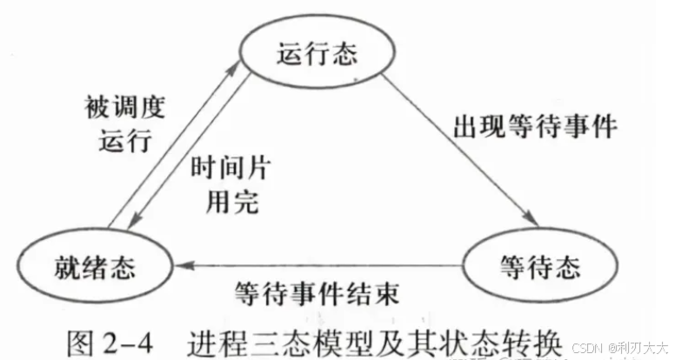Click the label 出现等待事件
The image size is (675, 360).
tap(535, 127)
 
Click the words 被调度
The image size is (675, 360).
tap(117, 110)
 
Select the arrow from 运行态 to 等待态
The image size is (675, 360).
tap(452, 148)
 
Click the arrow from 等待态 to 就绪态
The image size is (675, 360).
tap(313, 263)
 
